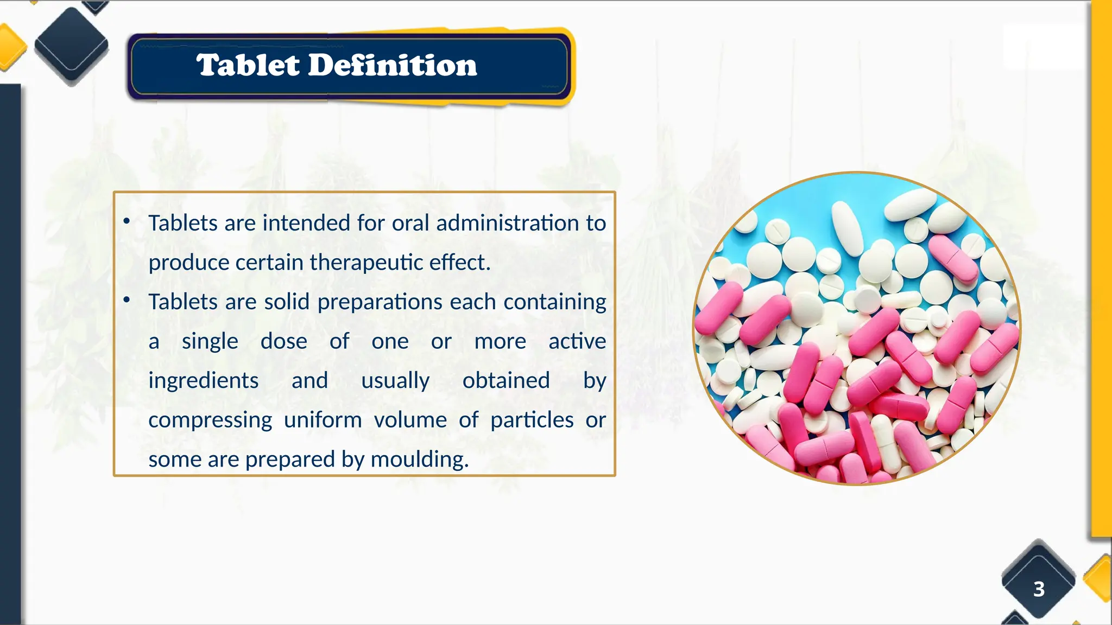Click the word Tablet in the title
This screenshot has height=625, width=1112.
248,66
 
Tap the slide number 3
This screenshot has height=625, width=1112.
1039,589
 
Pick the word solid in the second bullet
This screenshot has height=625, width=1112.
287,302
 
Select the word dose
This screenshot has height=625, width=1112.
284,341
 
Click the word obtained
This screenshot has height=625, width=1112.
506,380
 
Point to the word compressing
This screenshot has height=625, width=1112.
210,420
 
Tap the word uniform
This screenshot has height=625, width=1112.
323,420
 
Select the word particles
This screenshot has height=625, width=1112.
532,420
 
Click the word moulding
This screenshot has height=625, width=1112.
419,460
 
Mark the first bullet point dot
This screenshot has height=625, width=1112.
127,221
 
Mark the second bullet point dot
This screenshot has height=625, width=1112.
127,299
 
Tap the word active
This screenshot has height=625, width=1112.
577,341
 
